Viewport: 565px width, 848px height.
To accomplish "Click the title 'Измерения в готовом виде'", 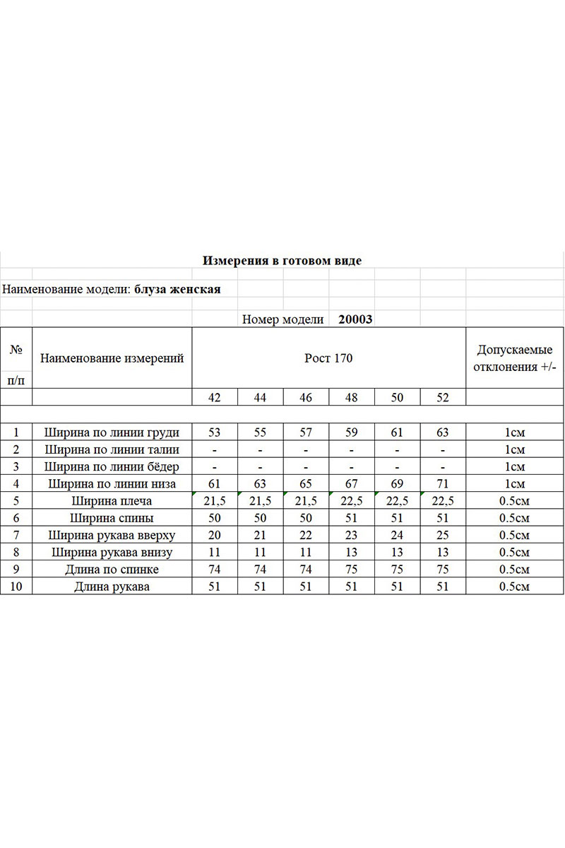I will coord(282,261).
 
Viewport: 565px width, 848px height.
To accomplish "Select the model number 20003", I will coord(355,319).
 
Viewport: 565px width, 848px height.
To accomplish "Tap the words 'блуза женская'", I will coord(177,289).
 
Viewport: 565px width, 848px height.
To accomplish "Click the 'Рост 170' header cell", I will coord(328,358).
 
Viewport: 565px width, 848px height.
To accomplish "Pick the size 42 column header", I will coord(215,397).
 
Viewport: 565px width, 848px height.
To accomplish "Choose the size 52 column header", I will coord(443,397).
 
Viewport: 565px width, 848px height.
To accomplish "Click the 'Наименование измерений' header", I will coord(112,358).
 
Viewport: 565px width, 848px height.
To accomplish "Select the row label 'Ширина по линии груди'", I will coord(112,432).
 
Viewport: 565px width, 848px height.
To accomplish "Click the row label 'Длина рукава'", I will coord(112,587).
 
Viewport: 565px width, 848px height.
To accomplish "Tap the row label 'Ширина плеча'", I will coord(112,501).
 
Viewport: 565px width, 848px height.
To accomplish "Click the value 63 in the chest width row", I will coord(443,432).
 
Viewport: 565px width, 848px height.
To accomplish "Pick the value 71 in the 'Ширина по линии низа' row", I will coord(443,484).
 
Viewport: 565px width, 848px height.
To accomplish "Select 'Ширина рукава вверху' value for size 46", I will coord(306,535).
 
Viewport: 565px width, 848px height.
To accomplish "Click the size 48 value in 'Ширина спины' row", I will coord(352,518).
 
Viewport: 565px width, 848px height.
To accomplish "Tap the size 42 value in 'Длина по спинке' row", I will coord(215,570).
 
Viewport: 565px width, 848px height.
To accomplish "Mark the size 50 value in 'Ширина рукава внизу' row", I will coord(397,553).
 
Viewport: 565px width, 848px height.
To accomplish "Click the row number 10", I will coord(16,587).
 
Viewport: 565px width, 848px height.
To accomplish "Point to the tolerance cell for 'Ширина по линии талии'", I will coord(516,449).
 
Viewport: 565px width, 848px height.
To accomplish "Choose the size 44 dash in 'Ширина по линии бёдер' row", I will coord(261,467).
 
